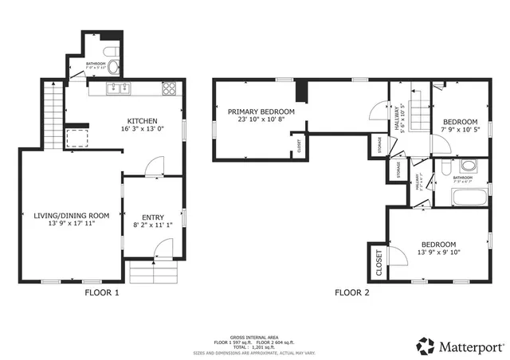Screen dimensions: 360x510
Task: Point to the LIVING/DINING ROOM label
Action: pyautogui.click(x=71, y=215)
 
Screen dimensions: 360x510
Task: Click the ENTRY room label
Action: pyautogui.click(x=152, y=217)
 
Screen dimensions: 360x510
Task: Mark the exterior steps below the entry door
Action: pyautogui.click(x=151, y=274)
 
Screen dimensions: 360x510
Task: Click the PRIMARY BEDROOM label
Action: pyautogui.click(x=261, y=112)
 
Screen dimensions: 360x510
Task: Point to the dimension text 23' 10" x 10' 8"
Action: pyautogui.click(x=261, y=121)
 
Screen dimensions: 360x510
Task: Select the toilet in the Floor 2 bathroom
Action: pyautogui.click(x=469, y=167)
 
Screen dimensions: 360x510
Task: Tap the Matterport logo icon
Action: pyautogui.click(x=426, y=346)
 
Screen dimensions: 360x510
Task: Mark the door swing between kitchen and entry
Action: pyautogui.click(x=154, y=167)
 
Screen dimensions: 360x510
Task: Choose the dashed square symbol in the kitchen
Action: pyautogui.click(x=77, y=138)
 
